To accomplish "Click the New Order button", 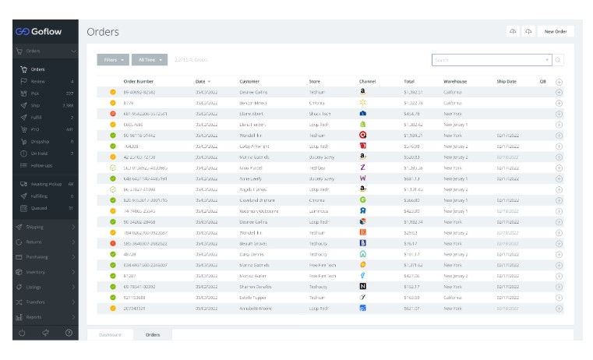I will [x=556, y=31].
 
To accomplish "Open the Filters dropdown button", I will [x=114, y=59].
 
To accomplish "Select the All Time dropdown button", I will [x=150, y=59].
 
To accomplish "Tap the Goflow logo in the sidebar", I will [x=39, y=31].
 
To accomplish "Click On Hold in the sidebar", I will [x=38, y=154].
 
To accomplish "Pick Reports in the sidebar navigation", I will [x=34, y=317].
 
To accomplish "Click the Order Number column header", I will [x=138, y=81].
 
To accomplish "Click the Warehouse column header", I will [x=455, y=81].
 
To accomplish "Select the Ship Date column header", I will [x=506, y=81].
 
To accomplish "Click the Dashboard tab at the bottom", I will [x=109, y=335].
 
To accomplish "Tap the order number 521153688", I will [x=135, y=298].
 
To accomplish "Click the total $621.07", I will [x=412, y=309].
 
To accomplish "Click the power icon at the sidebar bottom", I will [x=22, y=333].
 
